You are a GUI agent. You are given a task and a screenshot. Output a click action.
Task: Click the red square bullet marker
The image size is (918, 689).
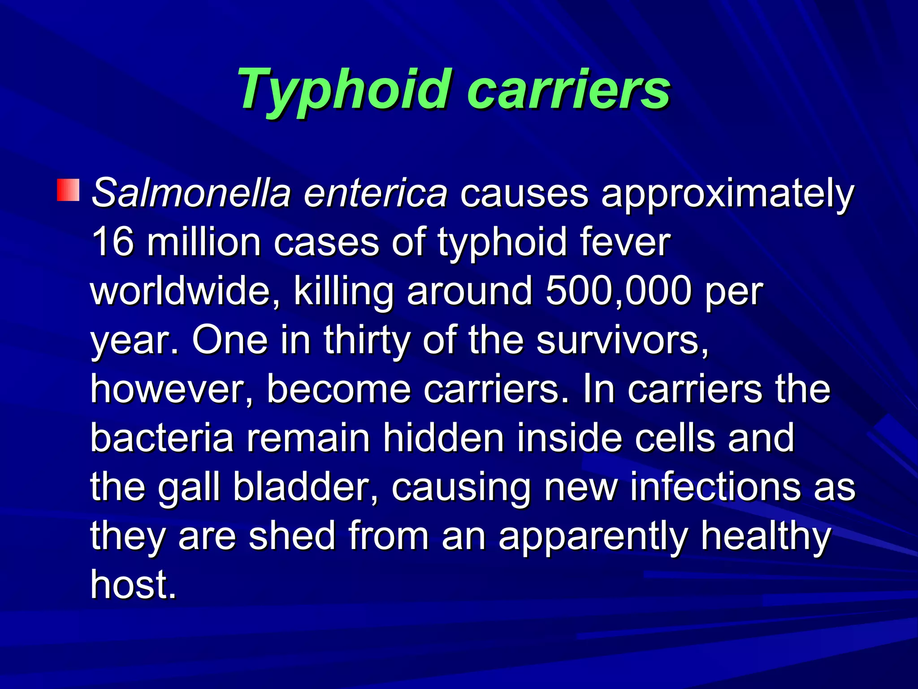click(x=68, y=190)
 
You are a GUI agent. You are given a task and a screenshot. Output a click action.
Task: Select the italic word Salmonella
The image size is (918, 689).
click(x=191, y=193)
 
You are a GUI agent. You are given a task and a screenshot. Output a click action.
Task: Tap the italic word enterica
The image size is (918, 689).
click(x=376, y=193)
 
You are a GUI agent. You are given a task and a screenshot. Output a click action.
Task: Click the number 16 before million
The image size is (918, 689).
click(x=112, y=242)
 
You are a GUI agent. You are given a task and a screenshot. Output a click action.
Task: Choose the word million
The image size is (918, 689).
click(x=204, y=242)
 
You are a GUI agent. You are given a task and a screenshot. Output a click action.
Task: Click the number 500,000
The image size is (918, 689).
click(x=619, y=291)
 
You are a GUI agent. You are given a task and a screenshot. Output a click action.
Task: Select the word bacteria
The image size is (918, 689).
click(x=162, y=438)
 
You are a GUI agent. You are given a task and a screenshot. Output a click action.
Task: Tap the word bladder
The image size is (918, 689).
click(x=305, y=487)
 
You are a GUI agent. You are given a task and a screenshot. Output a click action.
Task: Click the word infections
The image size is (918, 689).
click(x=715, y=487)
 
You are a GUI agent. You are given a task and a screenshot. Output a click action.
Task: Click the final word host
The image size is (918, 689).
click(x=133, y=585)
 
